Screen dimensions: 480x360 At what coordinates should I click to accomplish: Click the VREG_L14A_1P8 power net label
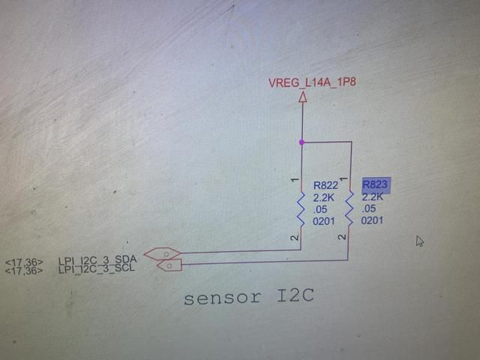point(312,82)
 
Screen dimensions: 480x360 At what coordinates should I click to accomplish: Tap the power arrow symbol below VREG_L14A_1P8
point(303,97)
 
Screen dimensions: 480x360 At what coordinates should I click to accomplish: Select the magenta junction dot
point(301,142)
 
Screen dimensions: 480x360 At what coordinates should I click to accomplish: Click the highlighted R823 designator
point(376,185)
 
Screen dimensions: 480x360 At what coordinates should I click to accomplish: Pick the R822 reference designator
point(325,185)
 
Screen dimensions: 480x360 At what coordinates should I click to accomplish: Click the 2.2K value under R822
point(323,198)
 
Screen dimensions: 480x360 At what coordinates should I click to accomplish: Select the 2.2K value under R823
point(372,196)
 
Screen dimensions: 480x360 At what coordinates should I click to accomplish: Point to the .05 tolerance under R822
point(320,210)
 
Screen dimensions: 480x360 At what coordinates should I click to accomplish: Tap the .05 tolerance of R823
point(368,208)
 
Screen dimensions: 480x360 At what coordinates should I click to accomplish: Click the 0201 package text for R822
point(323,221)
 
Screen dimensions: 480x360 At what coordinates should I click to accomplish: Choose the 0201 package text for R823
point(372,220)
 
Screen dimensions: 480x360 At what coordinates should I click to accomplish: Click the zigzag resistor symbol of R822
point(301,210)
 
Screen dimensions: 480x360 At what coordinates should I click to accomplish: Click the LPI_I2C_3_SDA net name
point(97,260)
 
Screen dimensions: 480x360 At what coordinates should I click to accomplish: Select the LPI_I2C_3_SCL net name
point(97,269)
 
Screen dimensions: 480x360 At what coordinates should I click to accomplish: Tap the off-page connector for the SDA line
point(162,253)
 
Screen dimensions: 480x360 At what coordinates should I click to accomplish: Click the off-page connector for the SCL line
point(169,265)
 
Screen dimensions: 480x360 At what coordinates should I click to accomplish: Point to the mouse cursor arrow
point(419,241)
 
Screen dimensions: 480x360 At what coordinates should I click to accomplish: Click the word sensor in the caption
point(223,298)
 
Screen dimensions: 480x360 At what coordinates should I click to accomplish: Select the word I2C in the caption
point(295,295)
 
